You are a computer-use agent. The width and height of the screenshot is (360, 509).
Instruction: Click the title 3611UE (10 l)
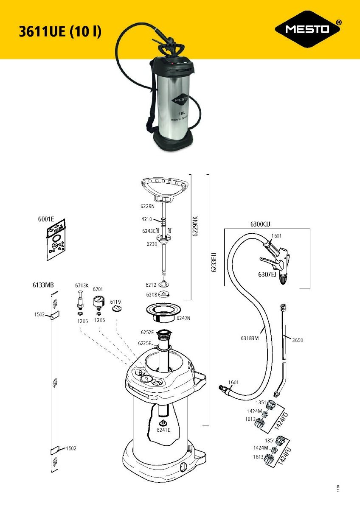click(60, 32)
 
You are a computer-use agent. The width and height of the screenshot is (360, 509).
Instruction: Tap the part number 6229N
click(147, 207)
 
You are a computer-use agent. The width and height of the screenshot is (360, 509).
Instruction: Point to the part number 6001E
click(47, 219)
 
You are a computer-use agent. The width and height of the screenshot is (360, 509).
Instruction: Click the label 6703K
click(82, 286)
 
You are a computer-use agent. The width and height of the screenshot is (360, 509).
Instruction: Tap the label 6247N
click(185, 318)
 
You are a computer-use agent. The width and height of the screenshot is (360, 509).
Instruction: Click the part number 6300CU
click(260, 224)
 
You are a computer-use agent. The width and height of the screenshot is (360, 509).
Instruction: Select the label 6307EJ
click(267, 275)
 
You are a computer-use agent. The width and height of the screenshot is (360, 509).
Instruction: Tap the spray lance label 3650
click(297, 340)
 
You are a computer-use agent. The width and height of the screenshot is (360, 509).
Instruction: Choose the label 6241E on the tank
click(163, 430)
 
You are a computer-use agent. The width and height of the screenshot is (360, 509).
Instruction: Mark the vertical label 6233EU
click(214, 263)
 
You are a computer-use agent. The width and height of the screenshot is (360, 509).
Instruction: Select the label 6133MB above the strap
click(43, 284)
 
